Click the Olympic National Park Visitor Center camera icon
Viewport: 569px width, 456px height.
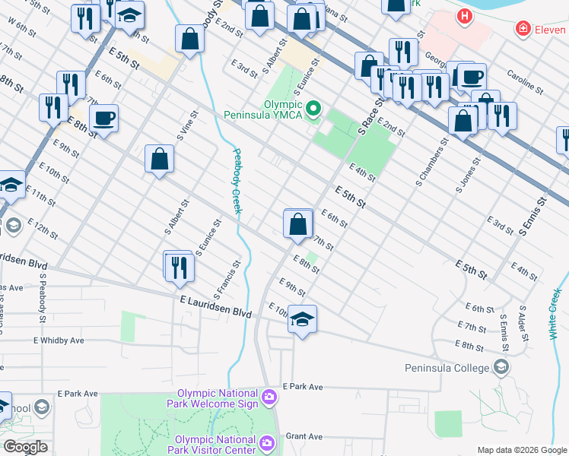[266, 442]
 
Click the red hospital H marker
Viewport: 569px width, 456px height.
[463, 15]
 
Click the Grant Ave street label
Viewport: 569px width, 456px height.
[304, 437]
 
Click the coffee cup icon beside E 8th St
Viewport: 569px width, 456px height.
[103, 119]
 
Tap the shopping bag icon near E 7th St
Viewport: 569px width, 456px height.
[298, 223]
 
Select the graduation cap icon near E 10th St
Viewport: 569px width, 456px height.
[302, 319]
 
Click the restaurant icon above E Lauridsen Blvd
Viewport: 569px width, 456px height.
[180, 267]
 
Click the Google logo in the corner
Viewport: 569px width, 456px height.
[25, 447]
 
